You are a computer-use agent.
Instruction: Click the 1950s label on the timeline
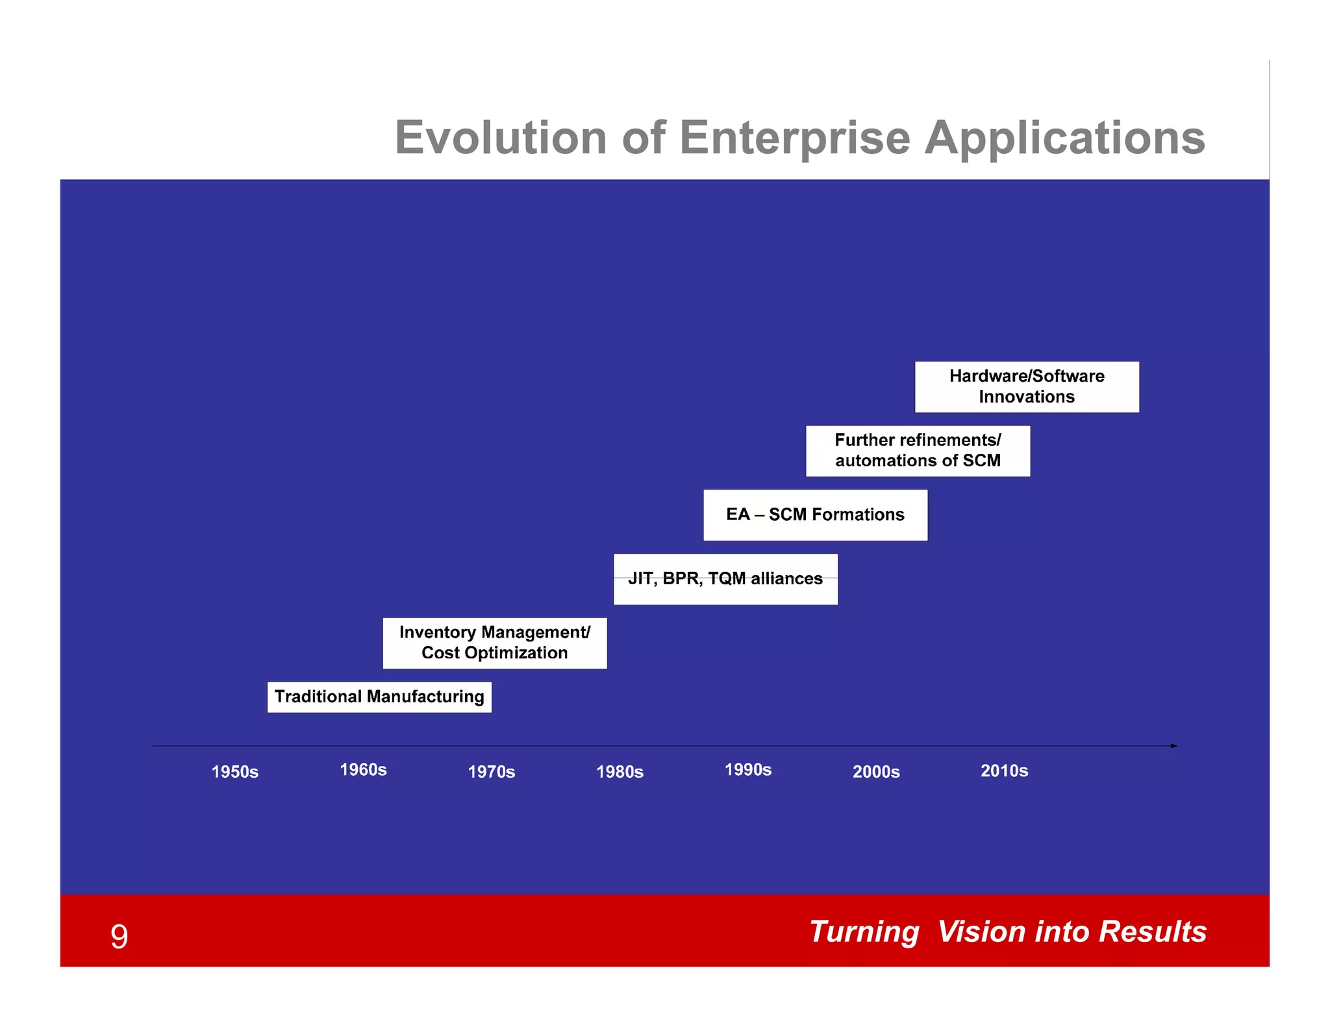(x=235, y=772)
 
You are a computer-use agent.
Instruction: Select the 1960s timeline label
(x=363, y=770)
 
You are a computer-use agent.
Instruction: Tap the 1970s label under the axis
(x=492, y=772)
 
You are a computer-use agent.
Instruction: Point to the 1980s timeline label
(x=620, y=772)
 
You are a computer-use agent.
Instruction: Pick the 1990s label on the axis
(x=748, y=770)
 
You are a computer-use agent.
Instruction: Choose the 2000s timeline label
(x=876, y=772)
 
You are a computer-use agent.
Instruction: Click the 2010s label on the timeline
(x=1004, y=771)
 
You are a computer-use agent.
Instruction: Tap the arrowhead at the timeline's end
(x=1173, y=746)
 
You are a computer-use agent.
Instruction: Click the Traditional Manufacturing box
(x=379, y=697)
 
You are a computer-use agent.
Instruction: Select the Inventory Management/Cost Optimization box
(x=495, y=643)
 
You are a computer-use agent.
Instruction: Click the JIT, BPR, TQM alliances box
(x=725, y=579)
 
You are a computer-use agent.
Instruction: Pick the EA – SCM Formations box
(x=815, y=515)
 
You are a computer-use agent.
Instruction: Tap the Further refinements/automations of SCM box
(x=918, y=451)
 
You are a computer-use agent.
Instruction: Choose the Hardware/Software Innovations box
(x=1027, y=387)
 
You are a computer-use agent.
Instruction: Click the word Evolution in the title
(x=500, y=138)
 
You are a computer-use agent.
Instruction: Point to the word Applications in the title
(x=1064, y=138)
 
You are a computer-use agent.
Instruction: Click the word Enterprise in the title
(x=795, y=138)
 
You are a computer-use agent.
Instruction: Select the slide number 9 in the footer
(x=119, y=937)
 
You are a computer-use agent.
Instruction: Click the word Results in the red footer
(x=1152, y=932)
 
